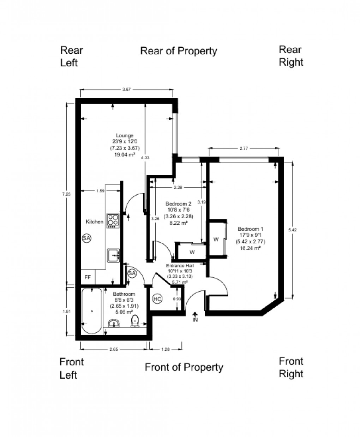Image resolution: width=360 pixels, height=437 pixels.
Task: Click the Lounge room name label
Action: (x=125, y=135)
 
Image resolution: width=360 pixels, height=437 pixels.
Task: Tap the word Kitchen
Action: (x=95, y=222)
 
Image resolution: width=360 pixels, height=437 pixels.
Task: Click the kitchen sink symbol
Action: (x=113, y=254)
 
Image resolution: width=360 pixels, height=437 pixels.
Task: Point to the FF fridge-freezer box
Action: (x=88, y=278)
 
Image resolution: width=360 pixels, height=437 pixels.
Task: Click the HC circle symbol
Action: (x=157, y=299)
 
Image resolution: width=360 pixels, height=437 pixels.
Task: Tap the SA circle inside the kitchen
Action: (x=86, y=238)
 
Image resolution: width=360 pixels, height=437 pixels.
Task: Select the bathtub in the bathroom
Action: (x=92, y=311)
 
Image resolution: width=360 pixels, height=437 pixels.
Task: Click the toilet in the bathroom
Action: (x=134, y=321)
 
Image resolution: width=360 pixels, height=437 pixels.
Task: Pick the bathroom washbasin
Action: (x=114, y=323)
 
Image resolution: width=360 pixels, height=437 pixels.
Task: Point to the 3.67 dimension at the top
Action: (x=127, y=90)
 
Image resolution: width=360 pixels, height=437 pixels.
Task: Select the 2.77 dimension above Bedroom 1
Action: (x=244, y=149)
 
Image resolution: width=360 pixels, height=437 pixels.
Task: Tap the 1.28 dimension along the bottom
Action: (x=165, y=349)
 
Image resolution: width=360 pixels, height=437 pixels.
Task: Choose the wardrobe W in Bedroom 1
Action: (x=216, y=240)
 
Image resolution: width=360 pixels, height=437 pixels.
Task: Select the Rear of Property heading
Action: (x=179, y=51)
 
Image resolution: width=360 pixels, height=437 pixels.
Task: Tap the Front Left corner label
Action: (x=71, y=368)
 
